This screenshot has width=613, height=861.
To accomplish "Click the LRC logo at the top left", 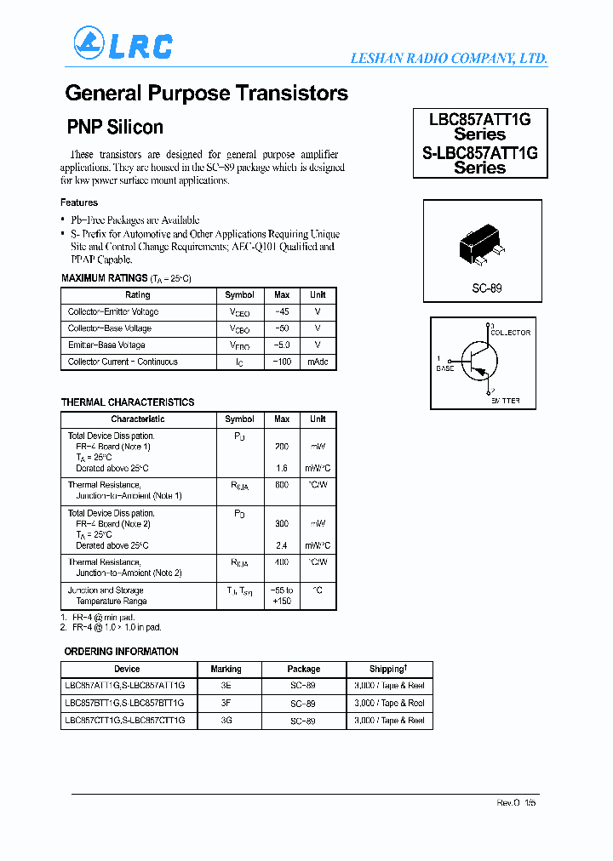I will [123, 44].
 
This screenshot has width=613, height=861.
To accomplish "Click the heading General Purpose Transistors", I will [206, 94].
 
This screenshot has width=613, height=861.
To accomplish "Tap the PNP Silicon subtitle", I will [115, 128].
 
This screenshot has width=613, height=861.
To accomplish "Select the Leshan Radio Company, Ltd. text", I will [449, 59].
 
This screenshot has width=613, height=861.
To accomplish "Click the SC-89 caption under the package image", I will [487, 288].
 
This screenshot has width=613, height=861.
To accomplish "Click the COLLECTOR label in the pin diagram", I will [511, 333].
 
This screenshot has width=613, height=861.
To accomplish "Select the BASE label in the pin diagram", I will [445, 368].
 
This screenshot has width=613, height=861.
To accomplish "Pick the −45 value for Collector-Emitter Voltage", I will [282, 311].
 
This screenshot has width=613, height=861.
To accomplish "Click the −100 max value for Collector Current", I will [282, 362].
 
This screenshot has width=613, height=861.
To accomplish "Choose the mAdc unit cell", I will [318, 362].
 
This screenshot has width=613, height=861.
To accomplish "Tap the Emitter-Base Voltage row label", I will [106, 345].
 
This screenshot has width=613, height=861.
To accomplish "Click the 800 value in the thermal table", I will [282, 485].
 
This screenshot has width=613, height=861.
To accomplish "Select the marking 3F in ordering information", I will [226, 704].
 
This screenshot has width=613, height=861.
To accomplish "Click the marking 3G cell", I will [226, 721].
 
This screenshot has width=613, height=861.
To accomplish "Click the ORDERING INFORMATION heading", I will [121, 652].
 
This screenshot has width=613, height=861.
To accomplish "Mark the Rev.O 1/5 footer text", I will [516, 803].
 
